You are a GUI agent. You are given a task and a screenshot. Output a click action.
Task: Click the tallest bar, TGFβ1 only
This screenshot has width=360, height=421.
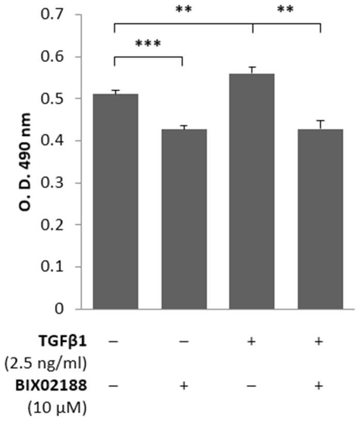(252, 191)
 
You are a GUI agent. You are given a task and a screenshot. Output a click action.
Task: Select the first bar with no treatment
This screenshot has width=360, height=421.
(115, 201)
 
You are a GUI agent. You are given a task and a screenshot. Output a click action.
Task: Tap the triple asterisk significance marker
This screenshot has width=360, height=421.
(148, 43)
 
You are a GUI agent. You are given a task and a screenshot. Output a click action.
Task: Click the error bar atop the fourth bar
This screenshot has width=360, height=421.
(320, 124)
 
